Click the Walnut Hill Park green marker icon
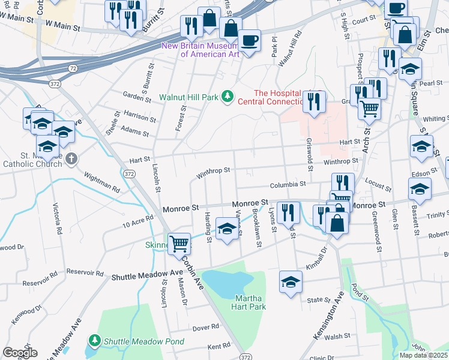point(227,96)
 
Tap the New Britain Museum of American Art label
point(209,50)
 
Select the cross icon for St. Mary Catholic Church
point(71,159)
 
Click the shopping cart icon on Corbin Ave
point(179,244)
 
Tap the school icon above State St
point(290,281)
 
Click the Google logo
point(19,352)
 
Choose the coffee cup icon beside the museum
point(249,40)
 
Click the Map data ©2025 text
point(423,355)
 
